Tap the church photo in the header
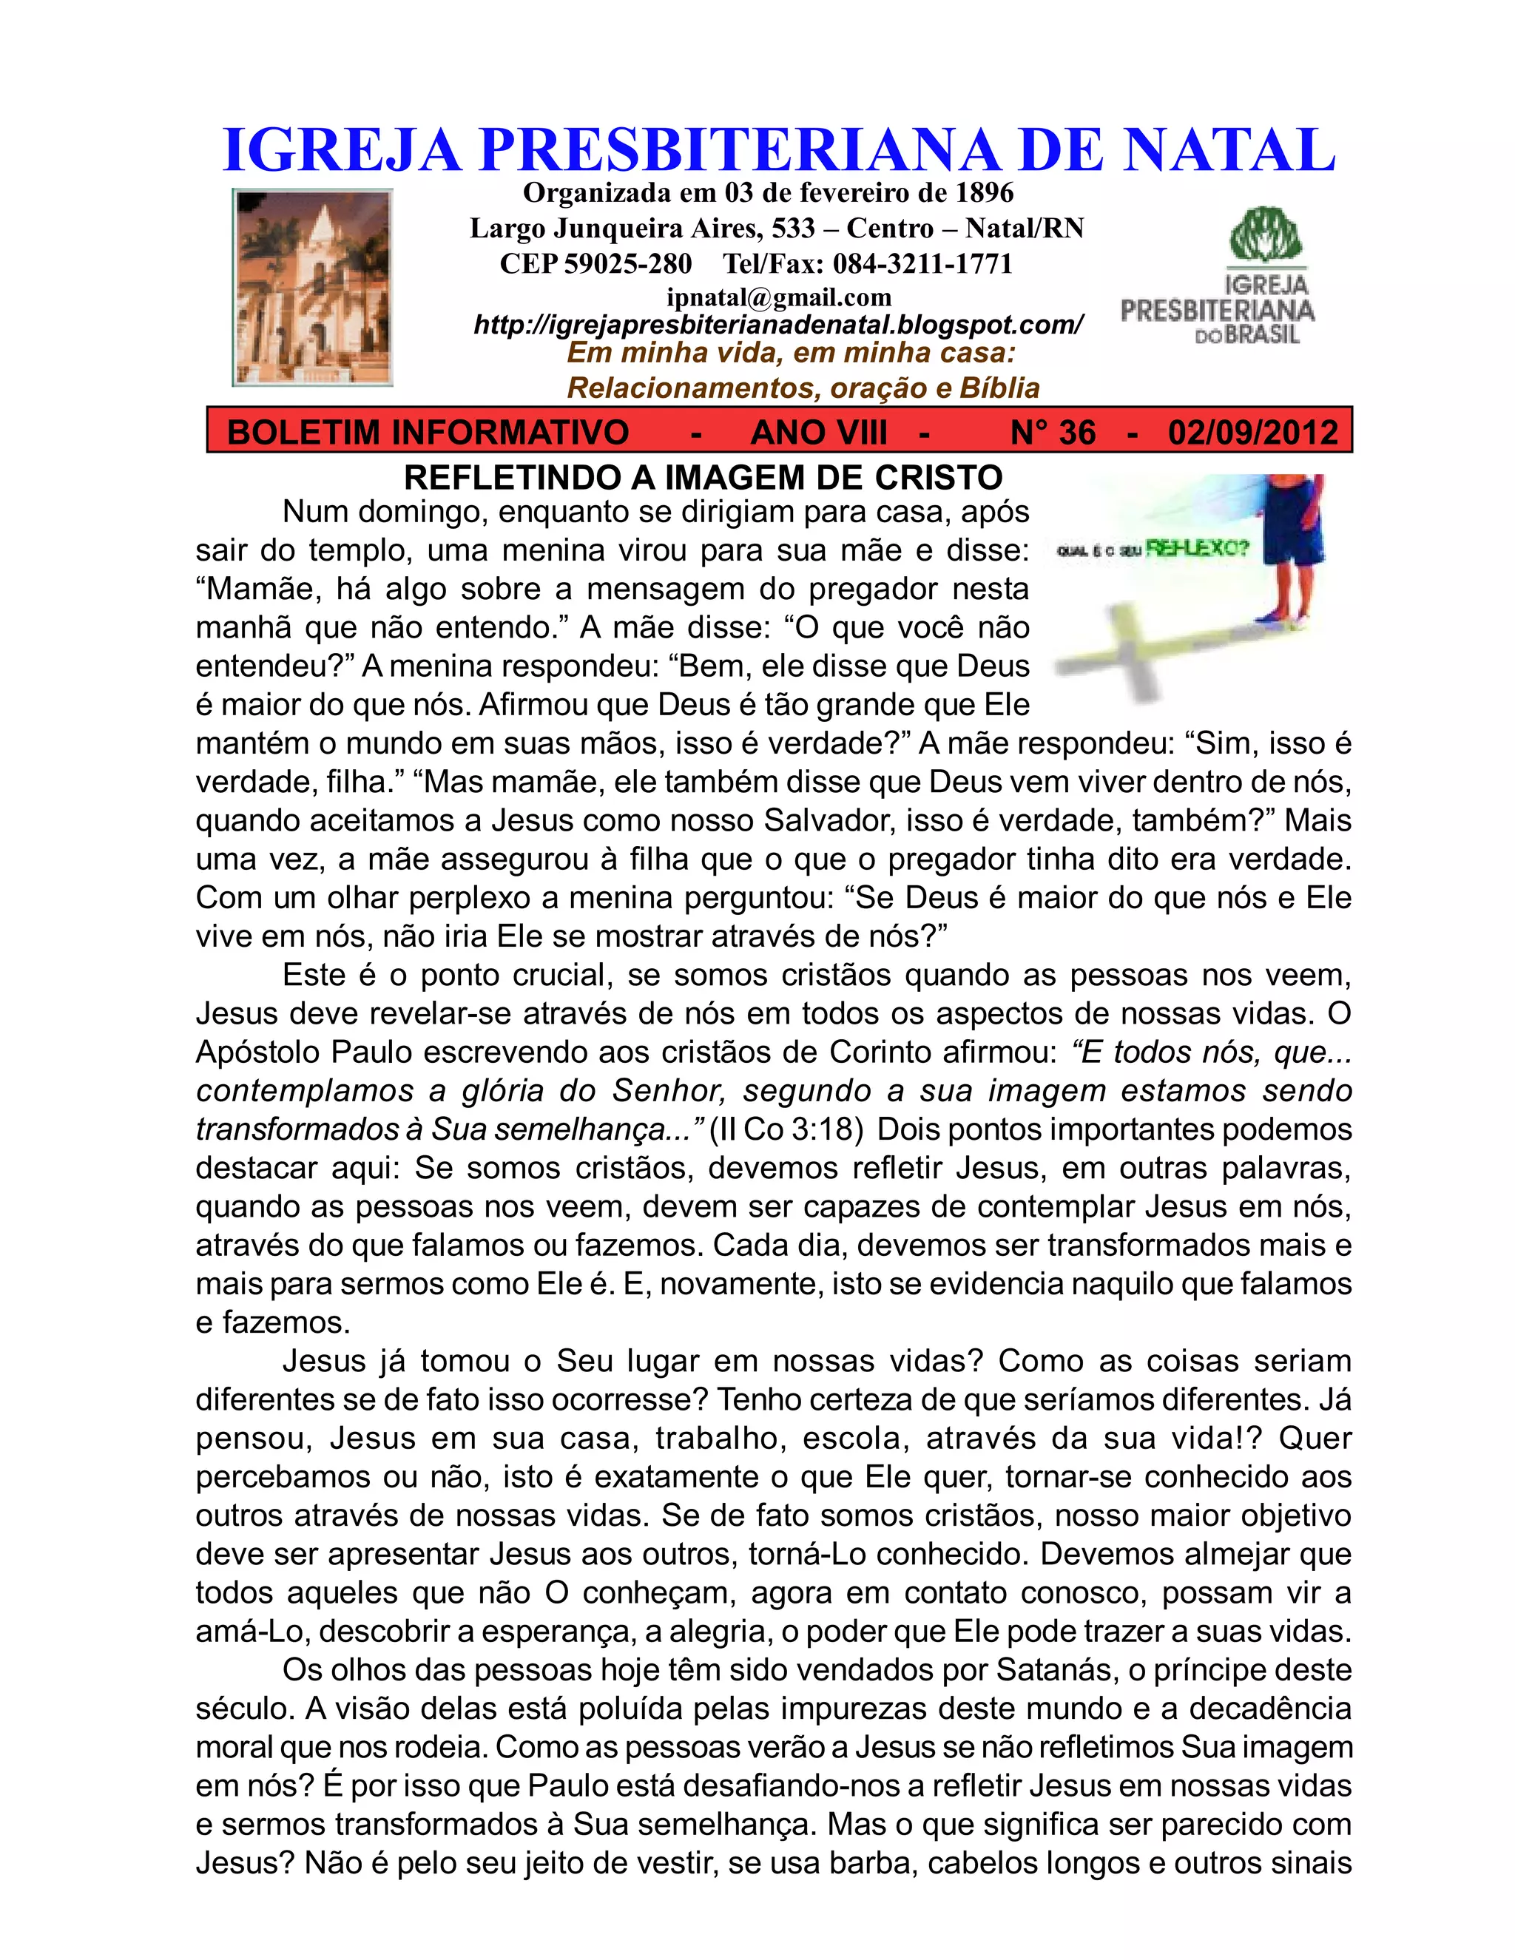pos(312,287)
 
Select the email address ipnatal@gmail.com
pos(778,297)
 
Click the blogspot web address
pos(778,324)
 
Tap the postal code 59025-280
pos(628,264)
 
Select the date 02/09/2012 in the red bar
pos(1253,433)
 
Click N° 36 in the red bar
pos(1053,433)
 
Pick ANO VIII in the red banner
pos(819,433)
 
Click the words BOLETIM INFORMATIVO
pos(428,433)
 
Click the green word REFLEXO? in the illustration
pos(1198,547)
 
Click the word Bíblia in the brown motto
pos(999,388)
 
